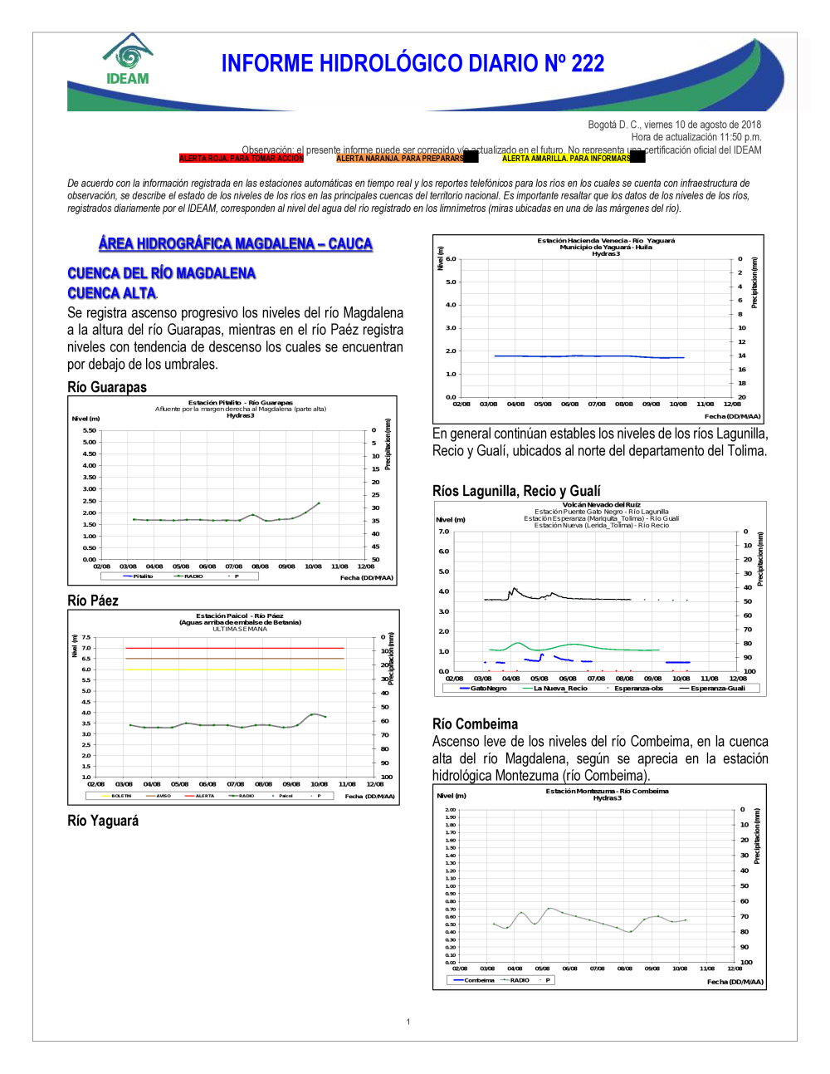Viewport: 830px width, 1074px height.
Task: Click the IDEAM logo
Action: tap(127, 60)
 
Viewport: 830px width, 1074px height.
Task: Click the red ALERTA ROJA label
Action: tap(241, 158)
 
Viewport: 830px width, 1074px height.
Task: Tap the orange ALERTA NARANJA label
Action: tap(399, 158)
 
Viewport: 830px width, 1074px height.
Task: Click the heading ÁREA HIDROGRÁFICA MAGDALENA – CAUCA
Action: tap(235, 243)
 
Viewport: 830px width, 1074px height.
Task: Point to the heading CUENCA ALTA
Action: tap(111, 293)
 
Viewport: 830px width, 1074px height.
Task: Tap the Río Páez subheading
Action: tap(93, 601)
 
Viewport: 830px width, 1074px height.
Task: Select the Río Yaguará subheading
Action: tap(103, 821)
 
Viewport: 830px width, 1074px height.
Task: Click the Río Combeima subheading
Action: tap(475, 724)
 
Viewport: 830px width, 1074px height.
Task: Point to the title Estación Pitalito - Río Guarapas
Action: tap(240, 403)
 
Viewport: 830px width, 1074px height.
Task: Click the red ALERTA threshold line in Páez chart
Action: tap(234, 648)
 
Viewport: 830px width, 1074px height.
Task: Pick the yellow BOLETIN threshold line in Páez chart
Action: tap(234, 669)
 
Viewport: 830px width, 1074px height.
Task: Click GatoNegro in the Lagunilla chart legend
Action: tap(486, 688)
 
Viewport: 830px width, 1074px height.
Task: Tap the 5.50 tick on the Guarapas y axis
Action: tap(89, 430)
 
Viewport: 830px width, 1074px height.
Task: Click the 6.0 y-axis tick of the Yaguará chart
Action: tap(451, 259)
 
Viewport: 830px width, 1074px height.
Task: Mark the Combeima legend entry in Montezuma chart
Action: tap(478, 980)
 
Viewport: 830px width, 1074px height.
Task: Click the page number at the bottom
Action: tap(408, 1022)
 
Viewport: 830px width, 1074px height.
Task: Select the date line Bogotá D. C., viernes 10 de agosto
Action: tap(674, 125)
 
